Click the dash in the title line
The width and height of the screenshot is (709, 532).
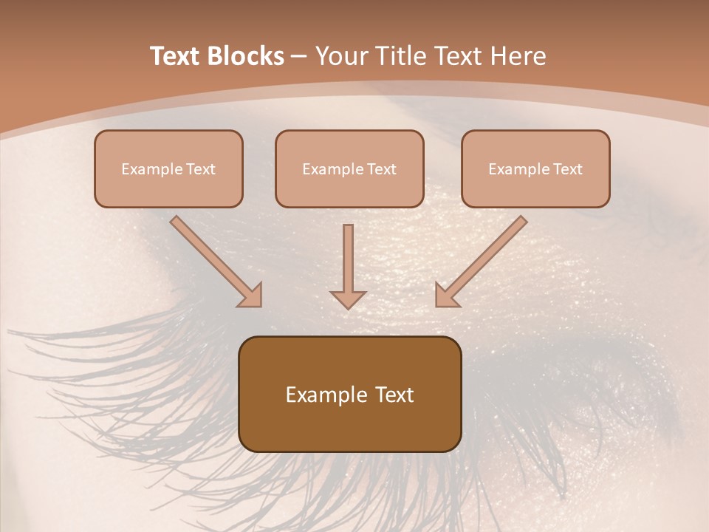299,56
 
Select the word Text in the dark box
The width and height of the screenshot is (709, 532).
395,395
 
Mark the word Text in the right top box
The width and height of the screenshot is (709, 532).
568,169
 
